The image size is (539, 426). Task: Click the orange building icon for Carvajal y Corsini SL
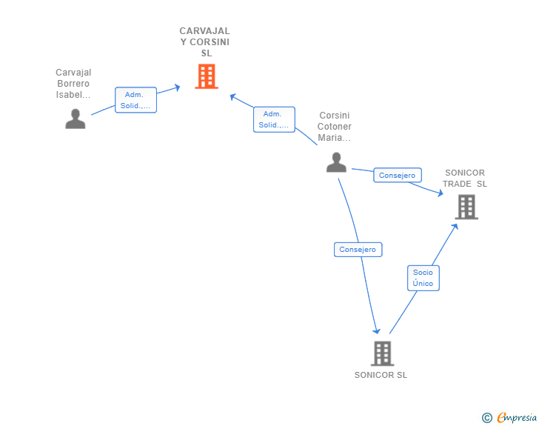[207, 76]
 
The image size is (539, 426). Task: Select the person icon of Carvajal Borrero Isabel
[76, 119]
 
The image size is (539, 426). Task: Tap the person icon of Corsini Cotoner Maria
[336, 162]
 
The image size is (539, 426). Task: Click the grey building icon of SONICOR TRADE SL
[466, 207]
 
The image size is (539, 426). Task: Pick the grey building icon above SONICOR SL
[382, 353]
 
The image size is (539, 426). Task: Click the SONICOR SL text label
[381, 375]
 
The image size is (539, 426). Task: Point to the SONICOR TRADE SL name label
[465, 179]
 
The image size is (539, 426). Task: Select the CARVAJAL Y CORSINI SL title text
[205, 42]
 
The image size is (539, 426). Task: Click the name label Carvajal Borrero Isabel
[73, 84]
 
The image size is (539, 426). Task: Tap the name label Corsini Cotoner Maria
[335, 126]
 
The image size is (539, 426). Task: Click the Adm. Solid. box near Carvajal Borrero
[135, 100]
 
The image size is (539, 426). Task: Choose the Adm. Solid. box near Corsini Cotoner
[274, 119]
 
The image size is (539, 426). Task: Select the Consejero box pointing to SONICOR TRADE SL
[398, 175]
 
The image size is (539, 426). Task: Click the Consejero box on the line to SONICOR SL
[358, 250]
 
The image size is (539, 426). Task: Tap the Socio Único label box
[423, 278]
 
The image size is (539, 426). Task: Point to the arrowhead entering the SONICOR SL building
[377, 331]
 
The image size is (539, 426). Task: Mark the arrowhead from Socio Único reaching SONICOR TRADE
[455, 227]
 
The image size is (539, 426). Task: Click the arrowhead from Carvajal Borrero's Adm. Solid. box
[177, 87]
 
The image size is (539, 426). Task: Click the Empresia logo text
[517, 417]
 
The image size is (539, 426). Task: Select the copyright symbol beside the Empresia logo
[487, 418]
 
